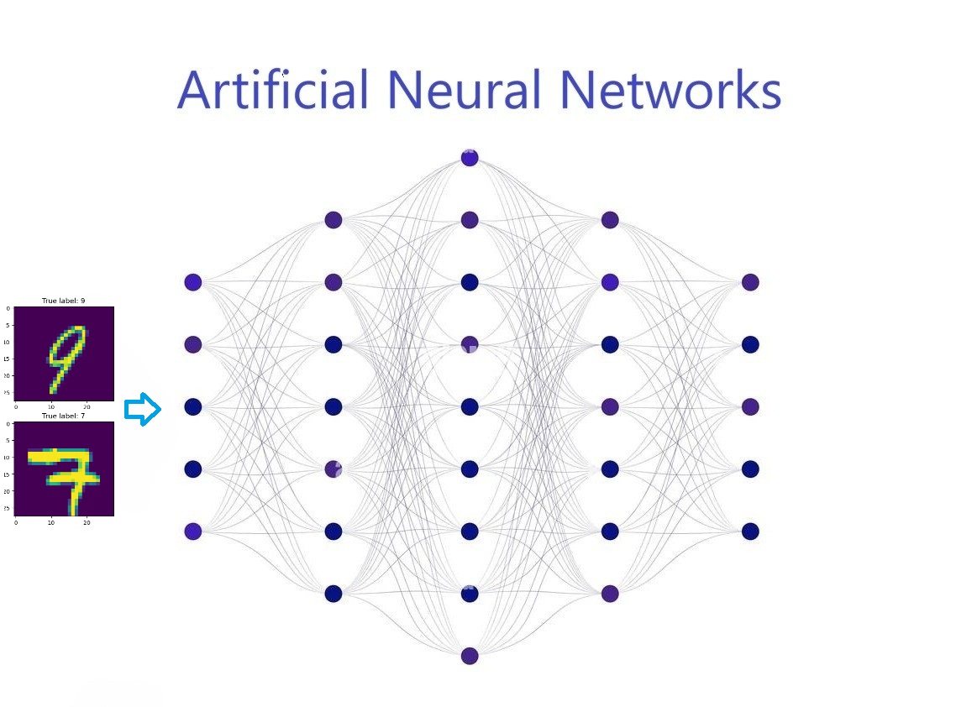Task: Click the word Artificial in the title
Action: [273, 89]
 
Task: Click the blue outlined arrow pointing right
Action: [143, 410]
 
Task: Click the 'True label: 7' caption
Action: [64, 416]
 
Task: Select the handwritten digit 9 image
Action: [64, 352]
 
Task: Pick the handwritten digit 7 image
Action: [64, 468]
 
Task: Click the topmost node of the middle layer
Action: [470, 158]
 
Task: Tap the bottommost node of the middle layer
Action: [470, 656]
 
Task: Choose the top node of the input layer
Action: [193, 282]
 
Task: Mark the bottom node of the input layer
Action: [193, 531]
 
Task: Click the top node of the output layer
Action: [750, 282]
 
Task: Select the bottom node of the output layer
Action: [750, 531]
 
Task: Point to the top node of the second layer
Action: [334, 220]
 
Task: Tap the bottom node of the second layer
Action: [334, 594]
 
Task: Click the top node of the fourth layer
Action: [610, 220]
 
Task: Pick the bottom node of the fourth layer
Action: [610, 594]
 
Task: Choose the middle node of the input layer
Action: [193, 406]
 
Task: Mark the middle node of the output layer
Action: [750, 406]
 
